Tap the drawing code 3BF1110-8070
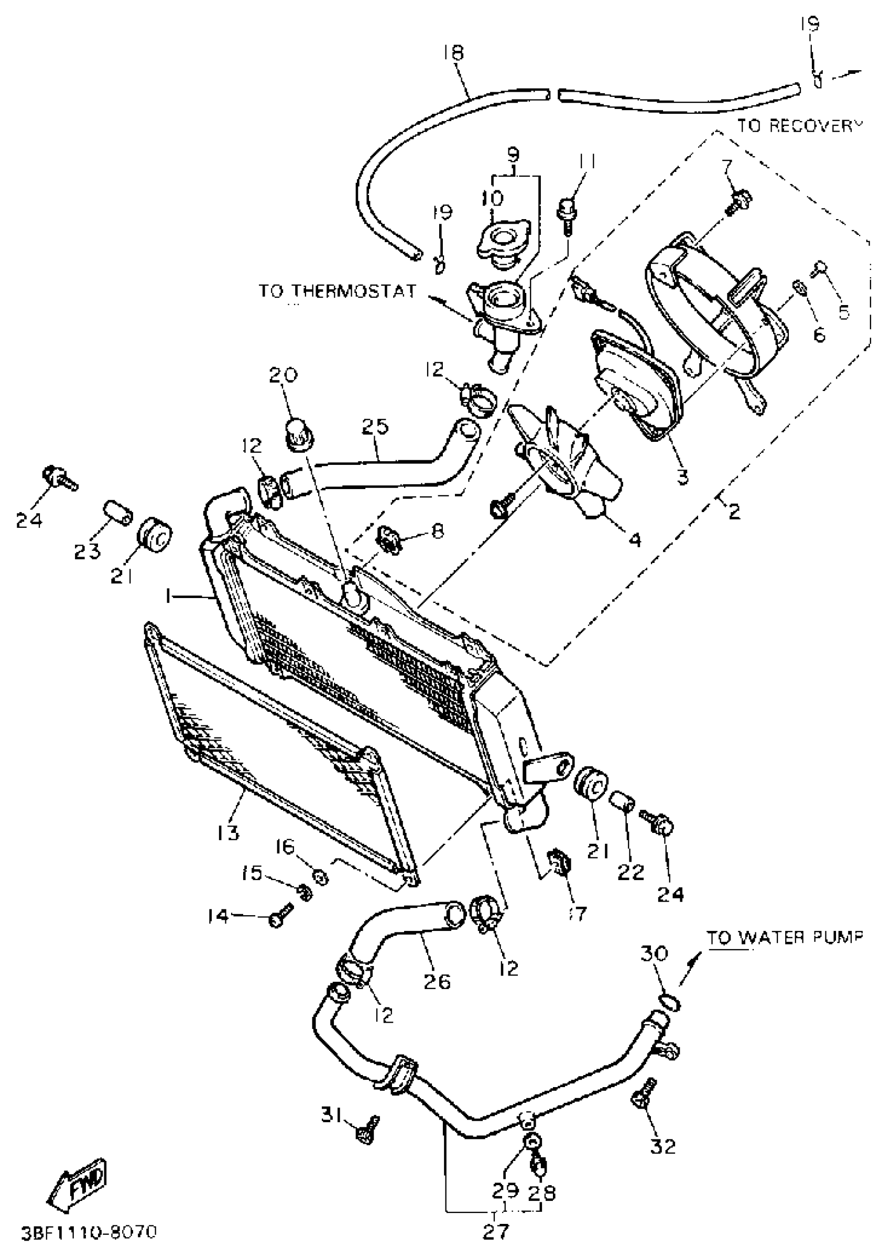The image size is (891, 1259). coord(90,1232)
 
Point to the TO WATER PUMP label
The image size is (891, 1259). coord(784,938)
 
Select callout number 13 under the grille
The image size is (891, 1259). coord(227,833)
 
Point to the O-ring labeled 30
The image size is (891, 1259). coord(669,1003)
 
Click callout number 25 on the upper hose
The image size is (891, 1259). coord(375,427)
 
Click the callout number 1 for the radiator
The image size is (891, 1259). coord(170,596)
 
